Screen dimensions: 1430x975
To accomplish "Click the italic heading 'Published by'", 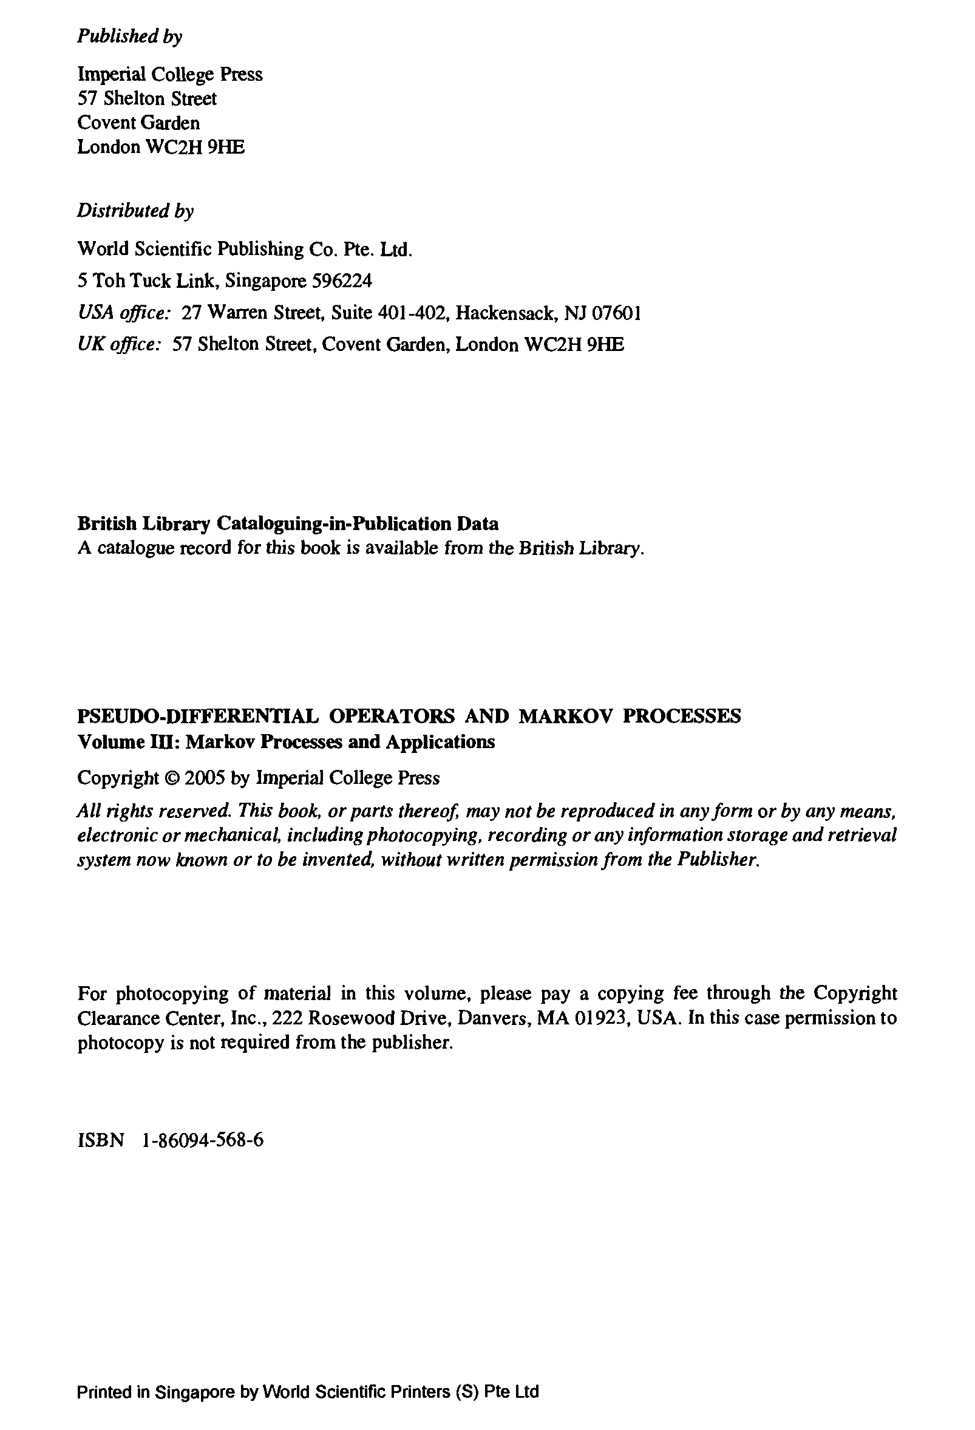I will pyautogui.click(x=130, y=37).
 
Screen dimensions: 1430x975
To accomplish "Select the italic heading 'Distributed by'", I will pyautogui.click(x=135, y=211).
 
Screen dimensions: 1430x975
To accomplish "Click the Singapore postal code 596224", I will pyautogui.click(x=342, y=281).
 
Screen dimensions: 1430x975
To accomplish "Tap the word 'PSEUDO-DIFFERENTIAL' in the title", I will pyautogui.click(x=197, y=717).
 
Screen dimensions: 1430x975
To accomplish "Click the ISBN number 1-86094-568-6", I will pyautogui.click(x=202, y=1140).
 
